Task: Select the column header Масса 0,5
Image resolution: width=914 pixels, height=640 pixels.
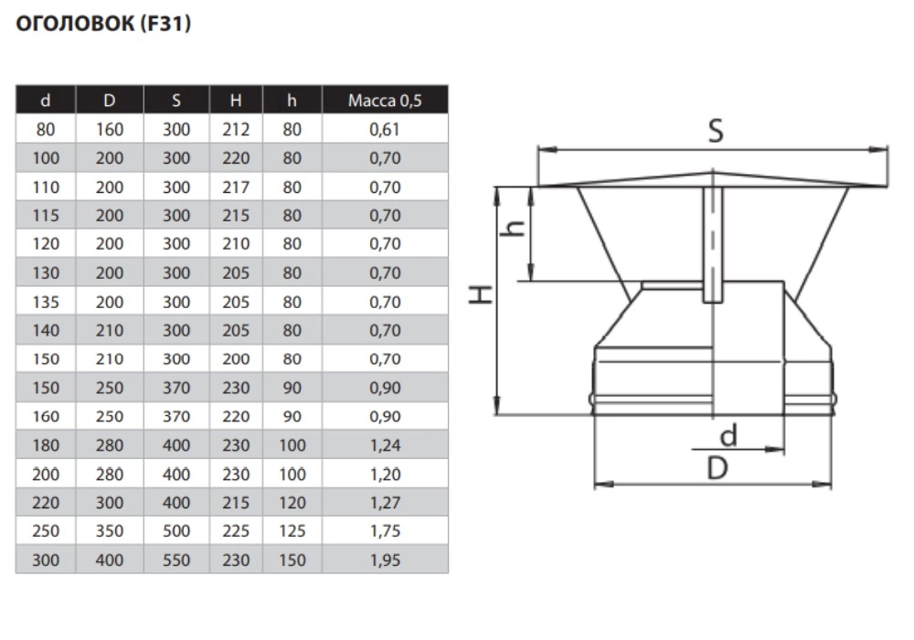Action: [x=385, y=101]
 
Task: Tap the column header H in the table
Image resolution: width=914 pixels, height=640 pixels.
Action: [x=236, y=101]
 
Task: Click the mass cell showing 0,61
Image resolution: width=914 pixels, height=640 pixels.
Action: [x=385, y=130]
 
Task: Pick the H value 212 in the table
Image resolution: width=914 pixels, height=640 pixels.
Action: [x=236, y=130]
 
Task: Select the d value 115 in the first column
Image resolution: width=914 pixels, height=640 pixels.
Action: [x=46, y=216]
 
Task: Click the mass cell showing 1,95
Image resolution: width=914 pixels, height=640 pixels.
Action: [x=385, y=560]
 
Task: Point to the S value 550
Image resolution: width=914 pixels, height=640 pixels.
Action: [x=176, y=560]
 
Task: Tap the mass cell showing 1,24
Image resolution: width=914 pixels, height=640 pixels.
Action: [x=385, y=445]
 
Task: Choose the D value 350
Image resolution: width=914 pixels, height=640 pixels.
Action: [x=110, y=531]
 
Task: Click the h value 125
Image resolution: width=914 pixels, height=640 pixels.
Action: [x=292, y=531]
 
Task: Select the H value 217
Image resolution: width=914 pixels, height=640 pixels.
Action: [x=236, y=187]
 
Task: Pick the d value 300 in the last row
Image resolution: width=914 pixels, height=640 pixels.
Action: [x=46, y=560]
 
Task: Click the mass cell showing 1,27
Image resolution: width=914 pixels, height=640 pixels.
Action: [x=385, y=503]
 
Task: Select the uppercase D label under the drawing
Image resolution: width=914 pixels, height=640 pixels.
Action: [x=717, y=468]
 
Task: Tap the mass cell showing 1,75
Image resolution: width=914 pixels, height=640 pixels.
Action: [x=385, y=531]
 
